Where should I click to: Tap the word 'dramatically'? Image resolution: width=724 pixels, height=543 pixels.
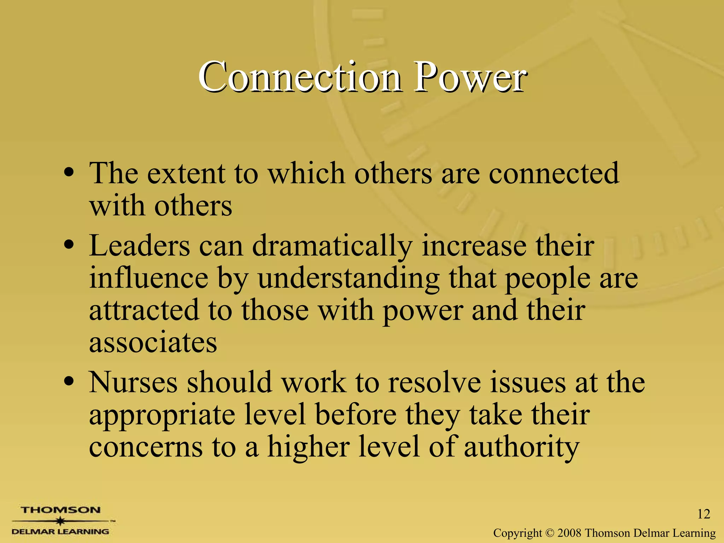[332, 246]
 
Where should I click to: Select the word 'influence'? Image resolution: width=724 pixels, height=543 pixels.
[148, 278]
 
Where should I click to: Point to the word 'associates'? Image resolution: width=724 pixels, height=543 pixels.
[153, 343]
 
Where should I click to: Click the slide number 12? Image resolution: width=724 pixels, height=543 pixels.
[703, 514]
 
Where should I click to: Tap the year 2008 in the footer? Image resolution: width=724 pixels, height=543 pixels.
[570, 533]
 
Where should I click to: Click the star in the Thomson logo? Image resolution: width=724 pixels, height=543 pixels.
[61, 521]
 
